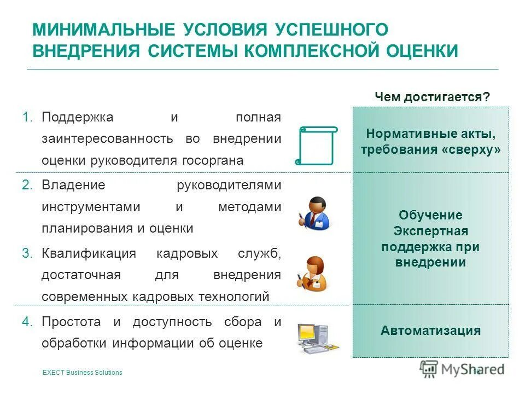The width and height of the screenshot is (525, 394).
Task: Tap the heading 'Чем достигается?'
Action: pos(432,97)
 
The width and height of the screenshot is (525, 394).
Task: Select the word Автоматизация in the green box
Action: pos(431,331)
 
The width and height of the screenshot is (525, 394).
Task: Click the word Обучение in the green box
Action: pos(430,215)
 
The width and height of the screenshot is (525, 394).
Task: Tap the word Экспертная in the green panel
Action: pos(430,231)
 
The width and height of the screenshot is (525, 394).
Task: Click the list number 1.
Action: pos(28,117)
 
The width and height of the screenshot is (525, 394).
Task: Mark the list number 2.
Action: pos(28,185)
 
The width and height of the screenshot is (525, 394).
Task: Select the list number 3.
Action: pos(28,253)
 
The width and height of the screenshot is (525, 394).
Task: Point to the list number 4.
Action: pos(28,322)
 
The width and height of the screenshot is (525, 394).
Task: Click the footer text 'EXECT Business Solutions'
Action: pos(82,373)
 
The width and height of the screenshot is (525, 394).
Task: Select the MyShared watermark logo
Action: pos(462,369)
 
